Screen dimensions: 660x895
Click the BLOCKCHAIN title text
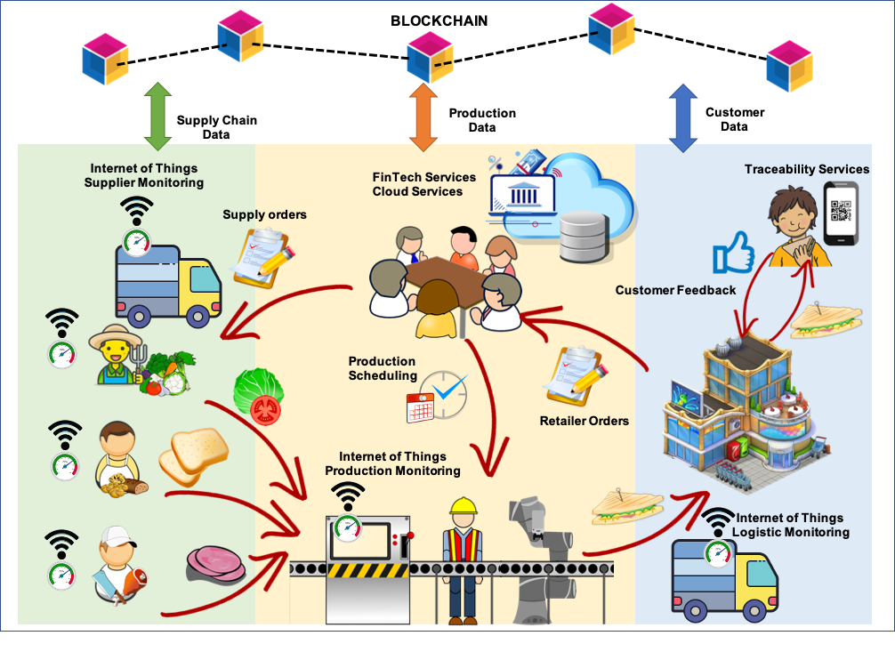tap(439, 20)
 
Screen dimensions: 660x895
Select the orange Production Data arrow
tap(423, 117)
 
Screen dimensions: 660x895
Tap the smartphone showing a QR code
tap(841, 213)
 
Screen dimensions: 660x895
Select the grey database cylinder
tap(585, 236)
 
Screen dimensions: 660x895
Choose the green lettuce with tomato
tap(258, 395)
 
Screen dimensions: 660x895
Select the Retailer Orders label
tap(584, 421)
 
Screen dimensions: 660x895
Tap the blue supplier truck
tap(167, 284)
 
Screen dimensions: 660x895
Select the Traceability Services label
tap(807, 169)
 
